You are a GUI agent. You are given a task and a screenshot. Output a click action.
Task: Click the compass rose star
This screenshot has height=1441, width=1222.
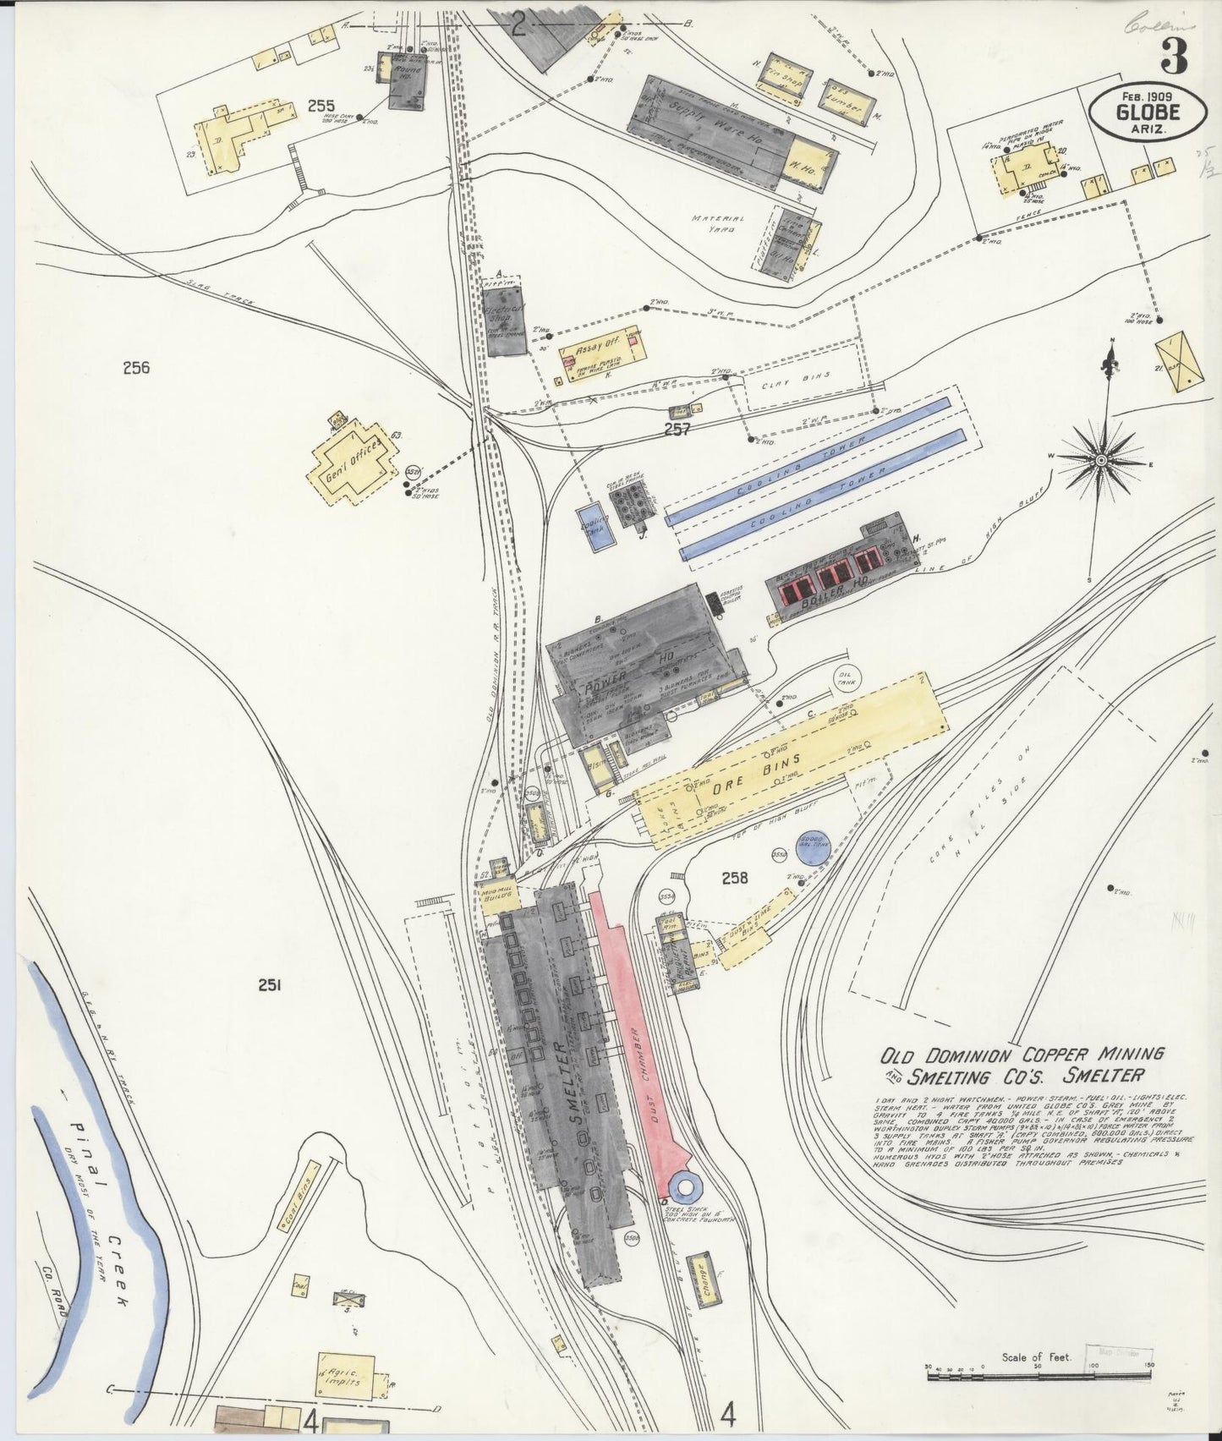pos(1101,459)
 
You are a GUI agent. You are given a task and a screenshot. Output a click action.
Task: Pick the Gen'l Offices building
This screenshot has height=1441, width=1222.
pos(352,460)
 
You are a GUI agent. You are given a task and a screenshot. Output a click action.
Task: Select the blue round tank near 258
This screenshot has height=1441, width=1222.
pos(814,843)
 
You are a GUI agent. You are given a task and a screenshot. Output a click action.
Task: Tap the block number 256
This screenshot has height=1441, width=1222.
pos(135,367)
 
